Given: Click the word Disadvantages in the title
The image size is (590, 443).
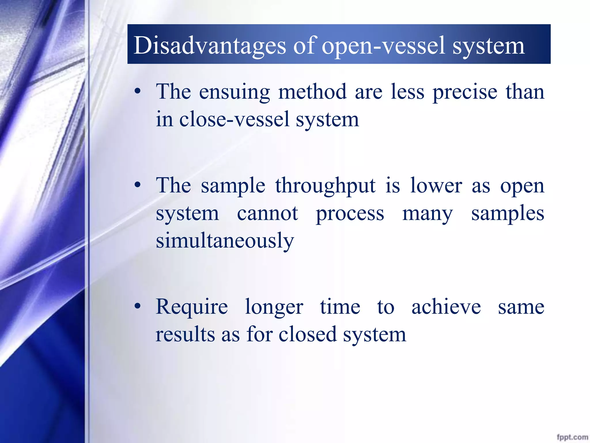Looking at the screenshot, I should click(x=210, y=46).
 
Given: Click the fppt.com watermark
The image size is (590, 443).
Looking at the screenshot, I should click(x=572, y=437).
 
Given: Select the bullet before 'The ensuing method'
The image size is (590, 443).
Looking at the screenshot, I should click(x=138, y=92).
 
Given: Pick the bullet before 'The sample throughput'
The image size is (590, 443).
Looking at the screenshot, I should click(x=138, y=185).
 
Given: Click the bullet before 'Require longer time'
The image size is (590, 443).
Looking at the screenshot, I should click(x=138, y=306).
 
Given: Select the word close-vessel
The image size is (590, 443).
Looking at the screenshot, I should click(x=234, y=119).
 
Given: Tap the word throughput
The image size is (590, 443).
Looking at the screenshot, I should click(x=326, y=186).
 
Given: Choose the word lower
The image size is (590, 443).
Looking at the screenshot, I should click(x=436, y=186).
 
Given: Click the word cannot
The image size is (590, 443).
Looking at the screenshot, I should click(x=267, y=213).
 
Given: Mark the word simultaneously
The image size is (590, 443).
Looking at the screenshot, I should click(x=225, y=241).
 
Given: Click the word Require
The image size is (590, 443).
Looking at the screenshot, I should click(x=192, y=307).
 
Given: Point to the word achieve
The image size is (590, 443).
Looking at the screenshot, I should click(x=446, y=307).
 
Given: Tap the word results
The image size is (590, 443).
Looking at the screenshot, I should click(x=185, y=335).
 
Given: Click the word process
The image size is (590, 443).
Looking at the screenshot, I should click(x=350, y=214).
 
